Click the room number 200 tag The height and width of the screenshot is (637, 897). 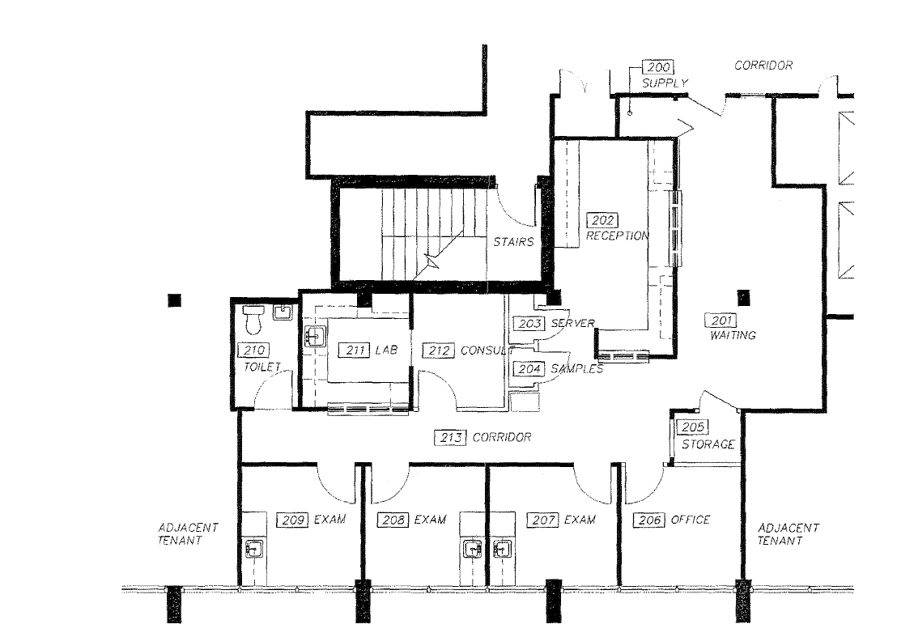tap(657, 68)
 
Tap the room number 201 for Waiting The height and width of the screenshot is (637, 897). tap(720, 320)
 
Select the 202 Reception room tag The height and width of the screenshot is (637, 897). tap(604, 220)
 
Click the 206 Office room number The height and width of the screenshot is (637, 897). tap(651, 520)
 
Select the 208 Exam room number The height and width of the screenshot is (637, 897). tap(393, 520)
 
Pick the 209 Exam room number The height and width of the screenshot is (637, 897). tap(292, 520)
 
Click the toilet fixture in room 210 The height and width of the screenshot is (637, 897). tap(253, 320)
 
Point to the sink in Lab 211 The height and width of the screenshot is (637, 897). tap(315, 337)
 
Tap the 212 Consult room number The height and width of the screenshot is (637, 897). tap(440, 350)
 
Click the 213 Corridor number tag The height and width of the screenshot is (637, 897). tap(451, 437)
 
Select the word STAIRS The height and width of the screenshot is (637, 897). tap(513, 242)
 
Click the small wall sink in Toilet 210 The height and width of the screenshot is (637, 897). tap(282, 312)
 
